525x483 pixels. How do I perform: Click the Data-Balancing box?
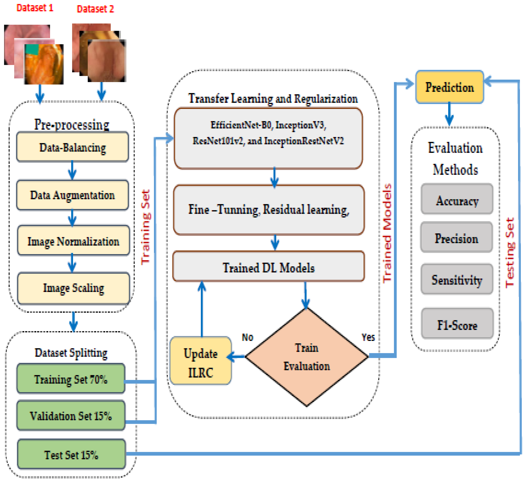pyautogui.click(x=73, y=147)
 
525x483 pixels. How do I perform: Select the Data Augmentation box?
pyautogui.click(x=73, y=195)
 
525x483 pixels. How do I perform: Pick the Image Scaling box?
pyautogui.click(x=74, y=288)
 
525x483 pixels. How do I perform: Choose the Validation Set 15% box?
pyautogui.click(x=71, y=416)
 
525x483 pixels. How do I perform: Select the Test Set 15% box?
pyautogui.click(x=71, y=455)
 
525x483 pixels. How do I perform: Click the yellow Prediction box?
pyautogui.click(x=449, y=87)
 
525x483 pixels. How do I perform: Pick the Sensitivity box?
pyautogui.click(x=457, y=280)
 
